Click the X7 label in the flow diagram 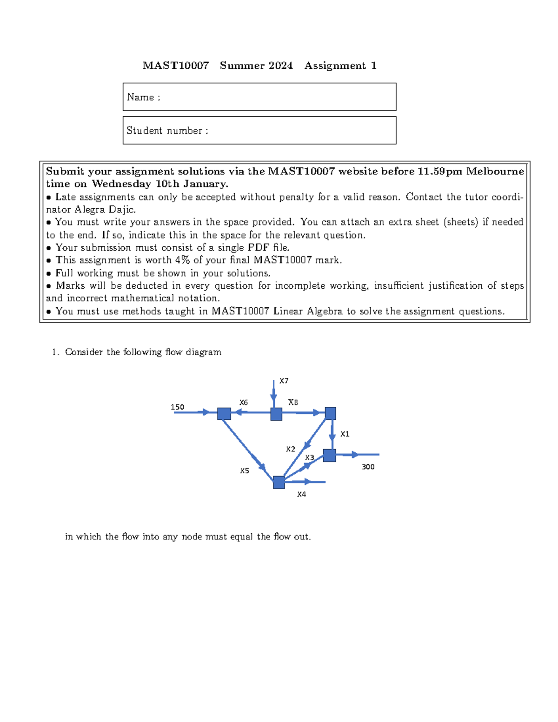(x=284, y=381)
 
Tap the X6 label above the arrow (x=243, y=403)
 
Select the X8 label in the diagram (x=293, y=402)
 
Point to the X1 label (x=345, y=434)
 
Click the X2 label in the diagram (x=290, y=449)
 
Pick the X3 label (x=309, y=457)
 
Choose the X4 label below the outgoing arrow (x=301, y=494)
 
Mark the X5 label (x=244, y=470)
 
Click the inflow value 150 (x=177, y=407)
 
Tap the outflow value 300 (x=368, y=467)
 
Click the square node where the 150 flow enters (x=224, y=413)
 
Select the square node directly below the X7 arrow (x=276, y=414)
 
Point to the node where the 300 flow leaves (x=329, y=455)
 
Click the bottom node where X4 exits (x=279, y=483)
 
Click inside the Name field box (x=279, y=97)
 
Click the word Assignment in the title (x=335, y=66)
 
